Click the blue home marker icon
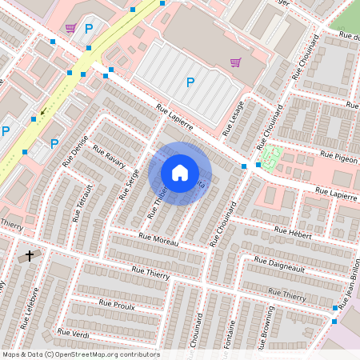click(180, 173)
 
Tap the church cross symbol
click(30, 256)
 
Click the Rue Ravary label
click(110, 155)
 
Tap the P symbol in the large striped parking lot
click(190, 82)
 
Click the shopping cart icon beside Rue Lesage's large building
click(235, 62)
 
